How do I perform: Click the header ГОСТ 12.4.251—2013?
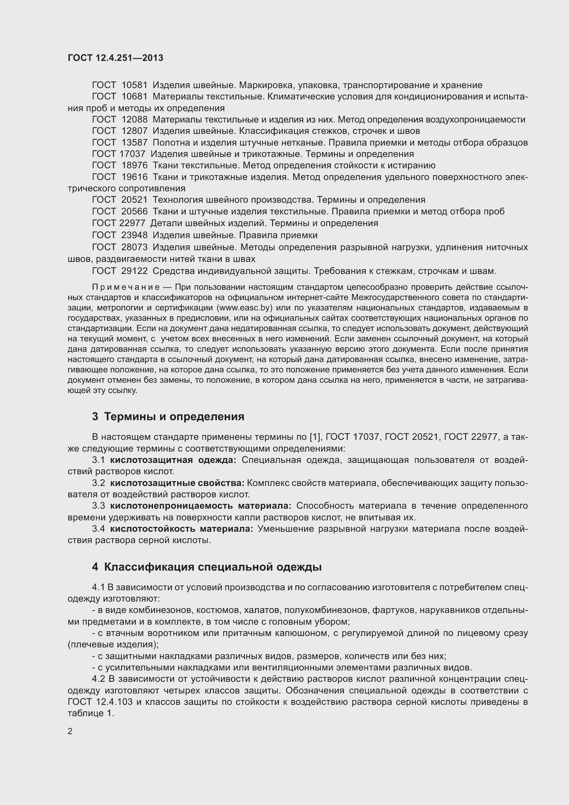point(115,58)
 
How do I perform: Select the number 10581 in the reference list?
point(134,85)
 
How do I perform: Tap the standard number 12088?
point(134,119)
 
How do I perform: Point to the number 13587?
point(134,143)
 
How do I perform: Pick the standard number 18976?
point(134,166)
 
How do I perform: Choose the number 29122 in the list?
point(134,271)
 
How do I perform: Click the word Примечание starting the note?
point(126,287)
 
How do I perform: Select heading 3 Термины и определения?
point(168,416)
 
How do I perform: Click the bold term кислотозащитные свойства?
point(177,483)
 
